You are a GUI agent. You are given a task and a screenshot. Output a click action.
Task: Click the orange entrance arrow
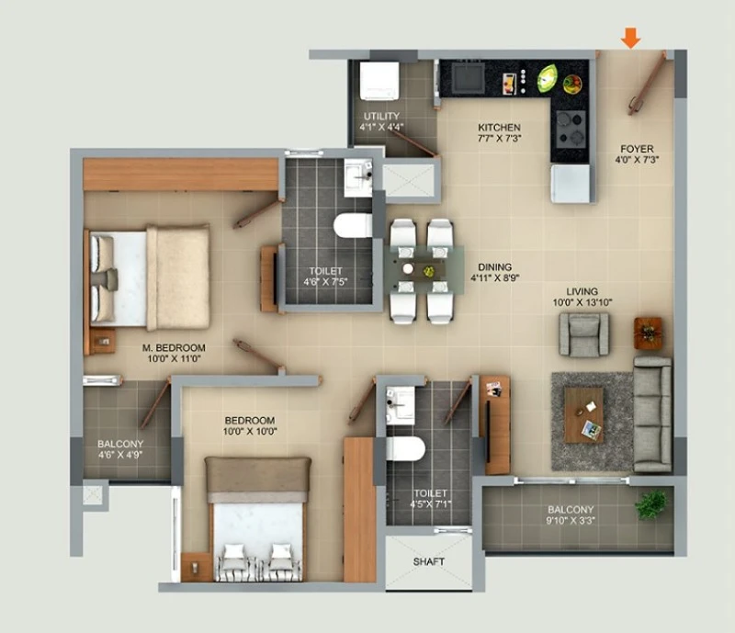tap(631, 38)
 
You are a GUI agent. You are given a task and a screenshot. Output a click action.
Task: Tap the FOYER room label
tap(637, 149)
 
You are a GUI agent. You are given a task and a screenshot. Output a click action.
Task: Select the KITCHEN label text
tap(499, 128)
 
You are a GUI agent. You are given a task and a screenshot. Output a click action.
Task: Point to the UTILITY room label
tap(381, 117)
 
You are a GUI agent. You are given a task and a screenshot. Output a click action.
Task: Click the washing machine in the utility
tap(379, 81)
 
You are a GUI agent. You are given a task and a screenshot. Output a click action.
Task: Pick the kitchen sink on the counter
tap(468, 77)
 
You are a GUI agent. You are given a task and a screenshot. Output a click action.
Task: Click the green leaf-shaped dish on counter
tap(548, 78)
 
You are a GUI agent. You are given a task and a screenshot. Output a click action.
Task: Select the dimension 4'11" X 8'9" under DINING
tap(495, 278)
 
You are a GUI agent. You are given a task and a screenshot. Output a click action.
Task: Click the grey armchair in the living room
tap(584, 333)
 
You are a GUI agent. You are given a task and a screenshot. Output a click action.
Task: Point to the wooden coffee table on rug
tap(583, 415)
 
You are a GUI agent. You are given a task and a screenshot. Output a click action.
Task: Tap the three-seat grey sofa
tap(652, 414)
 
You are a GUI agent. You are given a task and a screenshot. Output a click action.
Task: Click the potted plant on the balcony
tap(651, 504)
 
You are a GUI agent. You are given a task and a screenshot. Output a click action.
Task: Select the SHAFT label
tap(428, 561)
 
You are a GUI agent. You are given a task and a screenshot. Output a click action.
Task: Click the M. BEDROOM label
tap(174, 348)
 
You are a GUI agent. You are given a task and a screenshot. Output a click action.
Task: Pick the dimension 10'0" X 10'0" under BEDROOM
tap(250, 432)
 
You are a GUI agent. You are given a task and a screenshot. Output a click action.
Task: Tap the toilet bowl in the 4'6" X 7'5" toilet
tap(353, 225)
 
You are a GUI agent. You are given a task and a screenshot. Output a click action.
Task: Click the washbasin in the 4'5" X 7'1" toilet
tap(401, 405)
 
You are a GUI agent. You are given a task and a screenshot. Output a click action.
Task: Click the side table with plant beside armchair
tap(649, 333)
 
